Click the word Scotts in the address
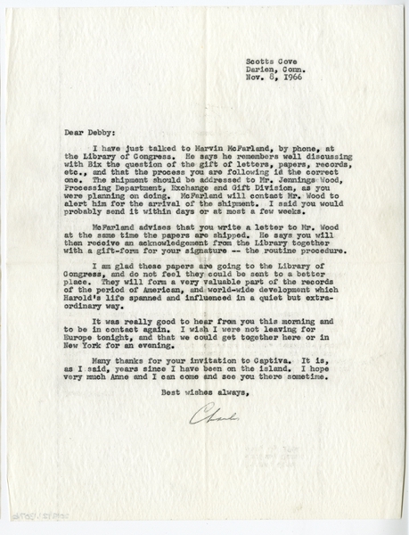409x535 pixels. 259,61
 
